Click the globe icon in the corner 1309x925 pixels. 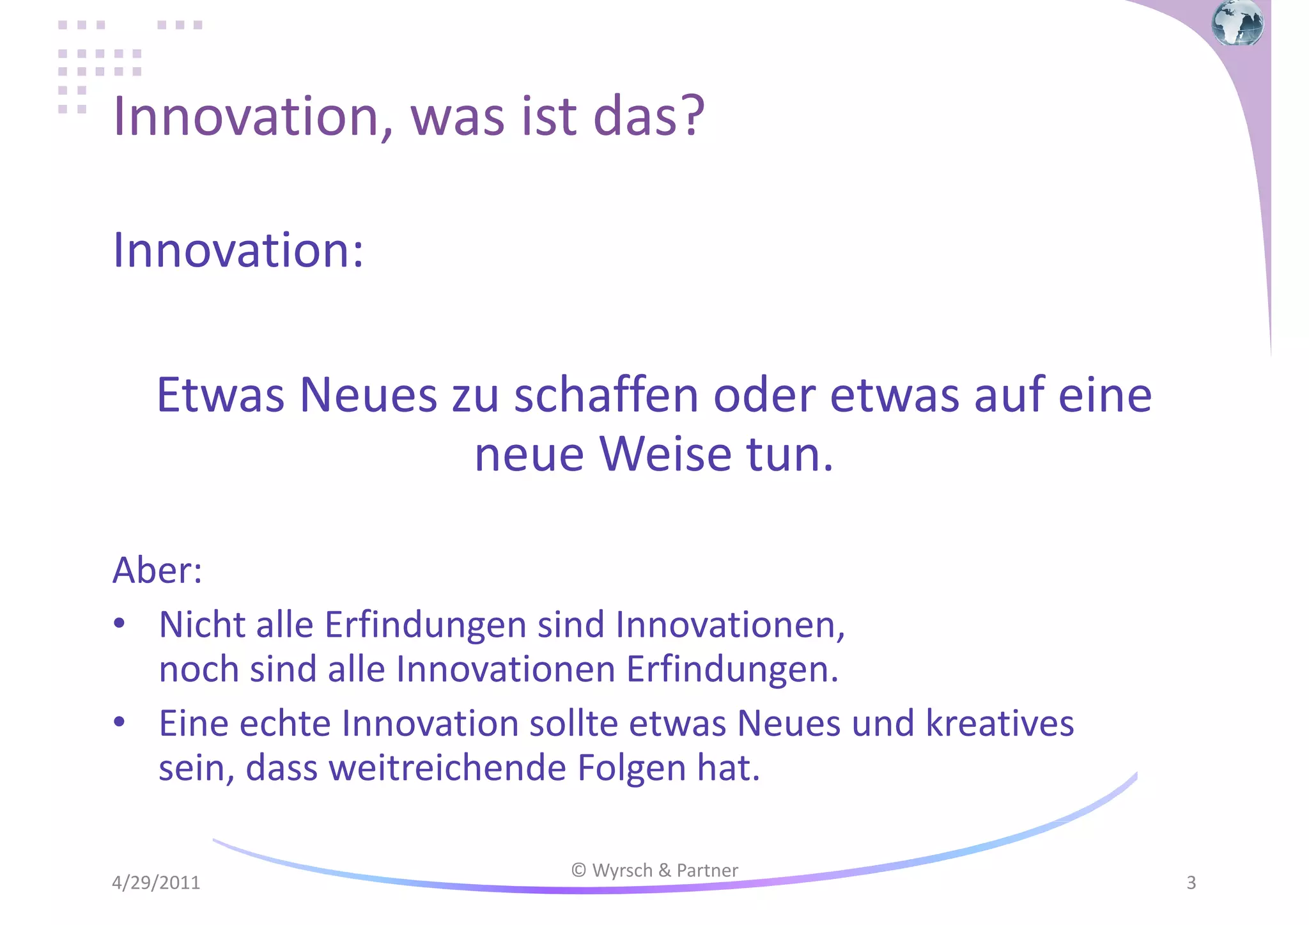pyautogui.click(x=1237, y=23)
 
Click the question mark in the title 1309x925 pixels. pyautogui.click(x=692, y=116)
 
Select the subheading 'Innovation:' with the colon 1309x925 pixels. pyautogui.click(x=238, y=250)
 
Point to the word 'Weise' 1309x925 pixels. pyautogui.click(x=665, y=455)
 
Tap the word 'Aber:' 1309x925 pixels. pyautogui.click(x=157, y=570)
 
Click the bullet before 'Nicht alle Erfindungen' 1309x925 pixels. pyautogui.click(x=119, y=623)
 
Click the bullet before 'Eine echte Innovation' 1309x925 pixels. pyautogui.click(x=119, y=722)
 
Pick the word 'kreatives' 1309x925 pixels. pyautogui.click(x=1000, y=724)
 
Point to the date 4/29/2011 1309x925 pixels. pyautogui.click(x=156, y=883)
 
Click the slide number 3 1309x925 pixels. pyautogui.click(x=1191, y=883)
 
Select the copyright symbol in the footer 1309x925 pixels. pyautogui.click(x=578, y=870)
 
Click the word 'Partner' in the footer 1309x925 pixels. pyautogui.click(x=707, y=870)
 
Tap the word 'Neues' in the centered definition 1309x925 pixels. pyautogui.click(x=368, y=395)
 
